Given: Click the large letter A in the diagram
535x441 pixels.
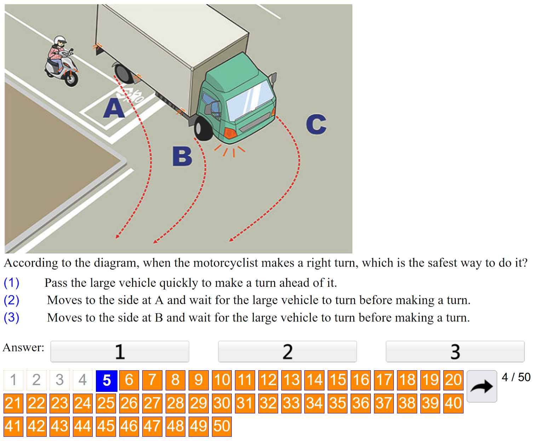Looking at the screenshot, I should coord(114,108).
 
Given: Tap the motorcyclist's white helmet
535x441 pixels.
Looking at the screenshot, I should coord(60,40).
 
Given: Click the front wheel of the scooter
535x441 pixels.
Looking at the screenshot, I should coord(71,79).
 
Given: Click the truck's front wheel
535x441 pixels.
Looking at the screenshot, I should coord(203,129).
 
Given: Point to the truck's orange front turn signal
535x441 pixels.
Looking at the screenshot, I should coord(230,134).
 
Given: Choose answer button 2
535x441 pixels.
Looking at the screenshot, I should coord(287,352).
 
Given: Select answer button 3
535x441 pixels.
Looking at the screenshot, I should coord(455,352).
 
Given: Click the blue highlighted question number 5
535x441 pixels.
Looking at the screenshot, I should coord(107,381).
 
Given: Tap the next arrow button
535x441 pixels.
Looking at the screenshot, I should coord(482,387).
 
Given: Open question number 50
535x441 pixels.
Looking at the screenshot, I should coord(222,426).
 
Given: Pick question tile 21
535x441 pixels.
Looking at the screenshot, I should coord(13,403).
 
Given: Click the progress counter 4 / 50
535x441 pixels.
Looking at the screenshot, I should coord(516,377).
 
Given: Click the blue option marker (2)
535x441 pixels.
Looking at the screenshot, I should coord(11,300).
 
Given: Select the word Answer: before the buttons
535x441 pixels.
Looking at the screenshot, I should coord(23,347).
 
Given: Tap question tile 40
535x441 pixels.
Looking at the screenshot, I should coord(454,403).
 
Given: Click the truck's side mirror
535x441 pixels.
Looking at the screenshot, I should coord(273,78).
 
